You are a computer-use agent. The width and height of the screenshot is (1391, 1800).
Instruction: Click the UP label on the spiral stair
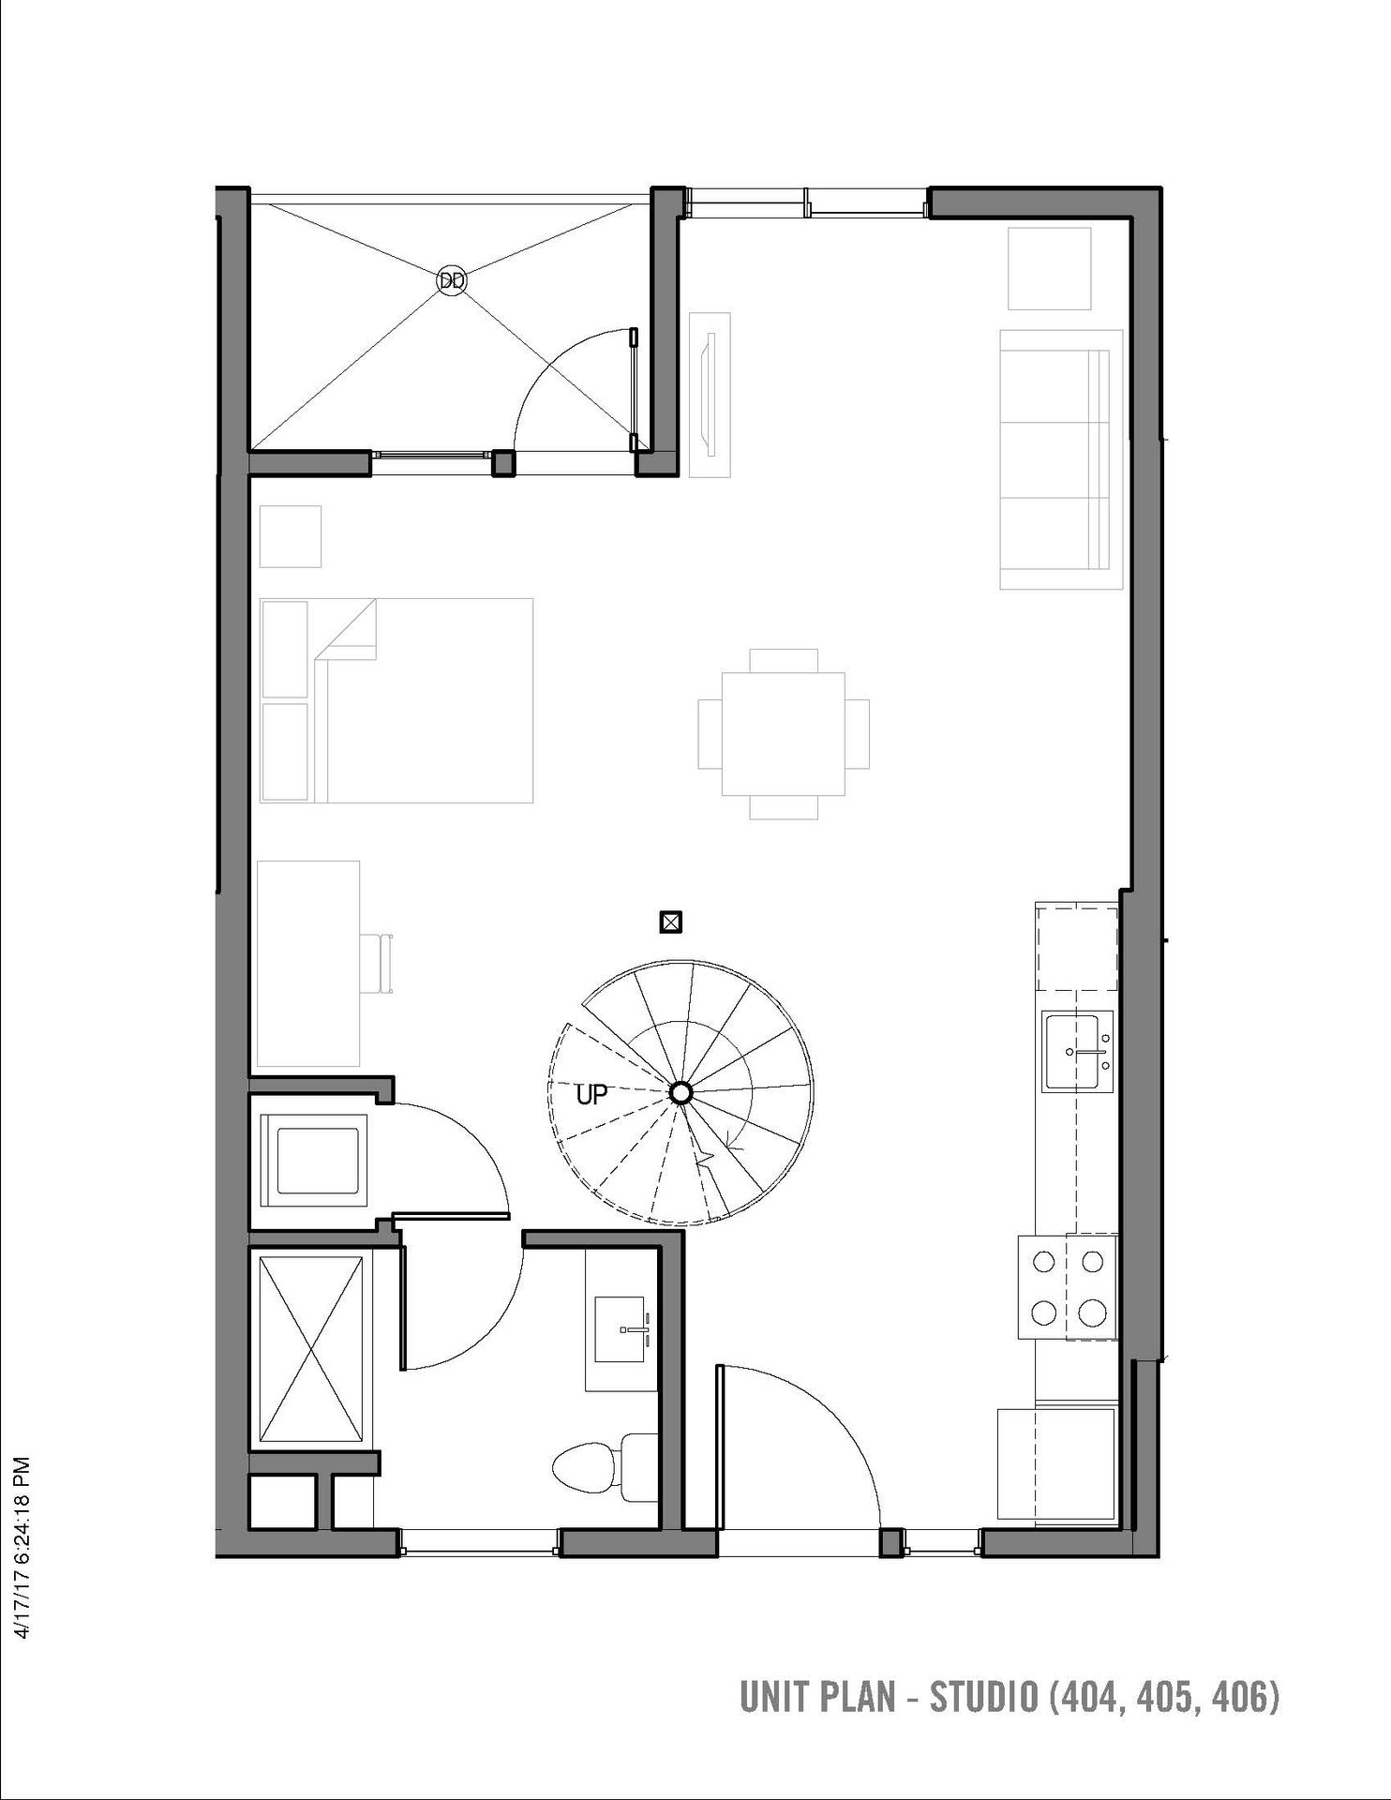tap(591, 1094)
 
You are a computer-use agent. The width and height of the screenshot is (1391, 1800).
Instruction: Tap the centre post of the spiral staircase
tap(681, 1093)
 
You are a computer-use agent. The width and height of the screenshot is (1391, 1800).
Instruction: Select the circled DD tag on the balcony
tap(452, 279)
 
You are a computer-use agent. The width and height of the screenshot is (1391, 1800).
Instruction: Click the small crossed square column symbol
tap(670, 922)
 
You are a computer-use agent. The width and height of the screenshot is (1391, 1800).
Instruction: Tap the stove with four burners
tap(1069, 1288)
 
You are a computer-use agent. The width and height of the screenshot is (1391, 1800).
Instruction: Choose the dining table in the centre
tap(784, 733)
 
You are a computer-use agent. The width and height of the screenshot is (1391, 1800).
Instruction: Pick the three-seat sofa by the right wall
tap(1061, 459)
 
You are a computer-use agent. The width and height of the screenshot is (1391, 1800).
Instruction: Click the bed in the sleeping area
tap(396, 700)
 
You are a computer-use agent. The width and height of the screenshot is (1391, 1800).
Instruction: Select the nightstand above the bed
tap(291, 536)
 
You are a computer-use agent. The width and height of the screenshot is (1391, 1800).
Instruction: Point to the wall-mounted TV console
tap(710, 394)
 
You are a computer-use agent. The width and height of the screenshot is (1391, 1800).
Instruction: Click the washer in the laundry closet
tap(316, 1160)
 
